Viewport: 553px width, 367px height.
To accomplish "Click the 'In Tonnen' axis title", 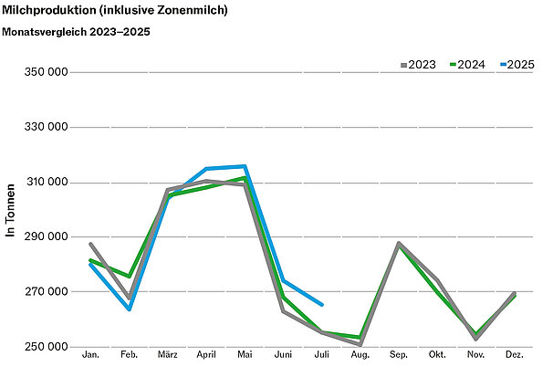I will tap(11, 209).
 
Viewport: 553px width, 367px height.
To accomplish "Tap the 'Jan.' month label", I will tap(90, 353).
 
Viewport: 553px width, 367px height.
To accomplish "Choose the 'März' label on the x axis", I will tap(167, 353).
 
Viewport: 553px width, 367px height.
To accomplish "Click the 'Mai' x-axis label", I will tap(245, 353).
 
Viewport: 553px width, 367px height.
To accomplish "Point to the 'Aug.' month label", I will tap(360, 353).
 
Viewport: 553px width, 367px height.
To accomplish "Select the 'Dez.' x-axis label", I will tap(515, 353).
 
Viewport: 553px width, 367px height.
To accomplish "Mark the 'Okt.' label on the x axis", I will tap(437, 353).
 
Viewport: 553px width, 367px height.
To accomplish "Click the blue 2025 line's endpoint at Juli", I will tap(322, 305).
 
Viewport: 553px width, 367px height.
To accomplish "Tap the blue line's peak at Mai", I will tap(245, 166).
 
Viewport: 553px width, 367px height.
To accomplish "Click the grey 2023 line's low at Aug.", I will tap(360, 344).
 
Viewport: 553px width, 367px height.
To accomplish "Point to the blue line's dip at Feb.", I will tap(129, 309).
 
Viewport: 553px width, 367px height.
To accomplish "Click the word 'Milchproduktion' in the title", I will tap(47, 10).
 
